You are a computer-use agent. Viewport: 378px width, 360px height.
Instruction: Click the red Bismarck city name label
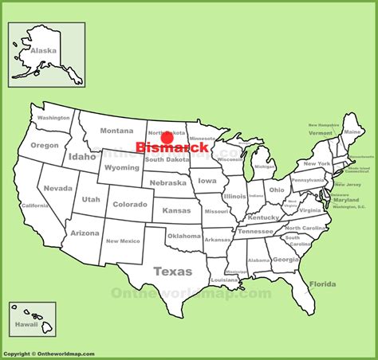coord(172,147)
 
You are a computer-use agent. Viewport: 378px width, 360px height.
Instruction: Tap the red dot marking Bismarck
coord(167,137)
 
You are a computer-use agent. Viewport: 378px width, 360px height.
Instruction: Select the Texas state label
coord(172,270)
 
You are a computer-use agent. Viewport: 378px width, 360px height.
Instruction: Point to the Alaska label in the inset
coord(44,49)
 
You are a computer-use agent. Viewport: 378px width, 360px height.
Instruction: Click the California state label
coord(34,205)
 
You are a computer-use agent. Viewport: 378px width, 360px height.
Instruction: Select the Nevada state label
coord(57,189)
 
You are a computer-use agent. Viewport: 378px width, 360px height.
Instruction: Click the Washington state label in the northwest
coord(53,118)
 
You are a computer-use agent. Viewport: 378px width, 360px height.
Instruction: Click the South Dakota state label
coord(166,161)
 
